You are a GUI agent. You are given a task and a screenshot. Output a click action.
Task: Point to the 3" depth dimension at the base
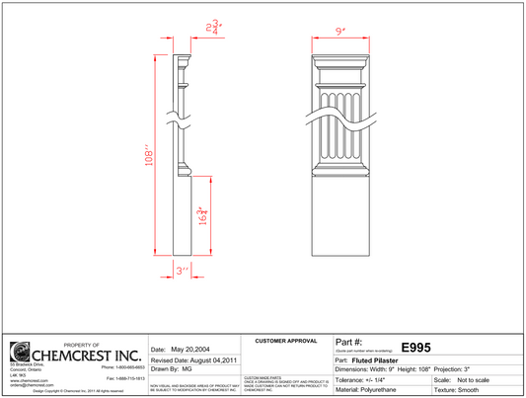[182, 270]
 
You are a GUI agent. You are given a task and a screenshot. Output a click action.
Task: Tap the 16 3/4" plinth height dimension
[202, 215]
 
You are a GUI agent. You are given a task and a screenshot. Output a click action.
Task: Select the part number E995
[415, 348]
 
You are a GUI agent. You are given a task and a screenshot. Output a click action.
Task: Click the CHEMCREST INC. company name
[88, 355]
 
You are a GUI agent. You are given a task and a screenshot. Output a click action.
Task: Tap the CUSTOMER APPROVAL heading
[287, 341]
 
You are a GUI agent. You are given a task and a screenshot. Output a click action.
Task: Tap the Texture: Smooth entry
[469, 390]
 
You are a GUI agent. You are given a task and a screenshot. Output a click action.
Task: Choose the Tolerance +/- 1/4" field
[366, 379]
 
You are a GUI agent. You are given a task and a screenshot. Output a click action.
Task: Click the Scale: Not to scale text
[470, 379]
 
